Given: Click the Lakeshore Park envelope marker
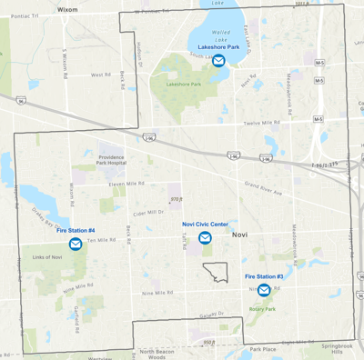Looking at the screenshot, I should [218, 61].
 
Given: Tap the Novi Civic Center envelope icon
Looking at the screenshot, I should [205, 238].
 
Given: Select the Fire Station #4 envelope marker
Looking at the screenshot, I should [76, 245].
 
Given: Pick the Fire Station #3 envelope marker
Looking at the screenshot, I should [264, 290].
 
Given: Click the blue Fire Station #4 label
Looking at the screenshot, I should [76, 231].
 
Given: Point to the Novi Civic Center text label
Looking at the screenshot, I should [205, 224].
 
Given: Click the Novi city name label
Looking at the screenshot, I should [240, 235].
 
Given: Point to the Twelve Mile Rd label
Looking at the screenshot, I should [261, 123].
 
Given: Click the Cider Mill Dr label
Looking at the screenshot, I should [147, 213].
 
